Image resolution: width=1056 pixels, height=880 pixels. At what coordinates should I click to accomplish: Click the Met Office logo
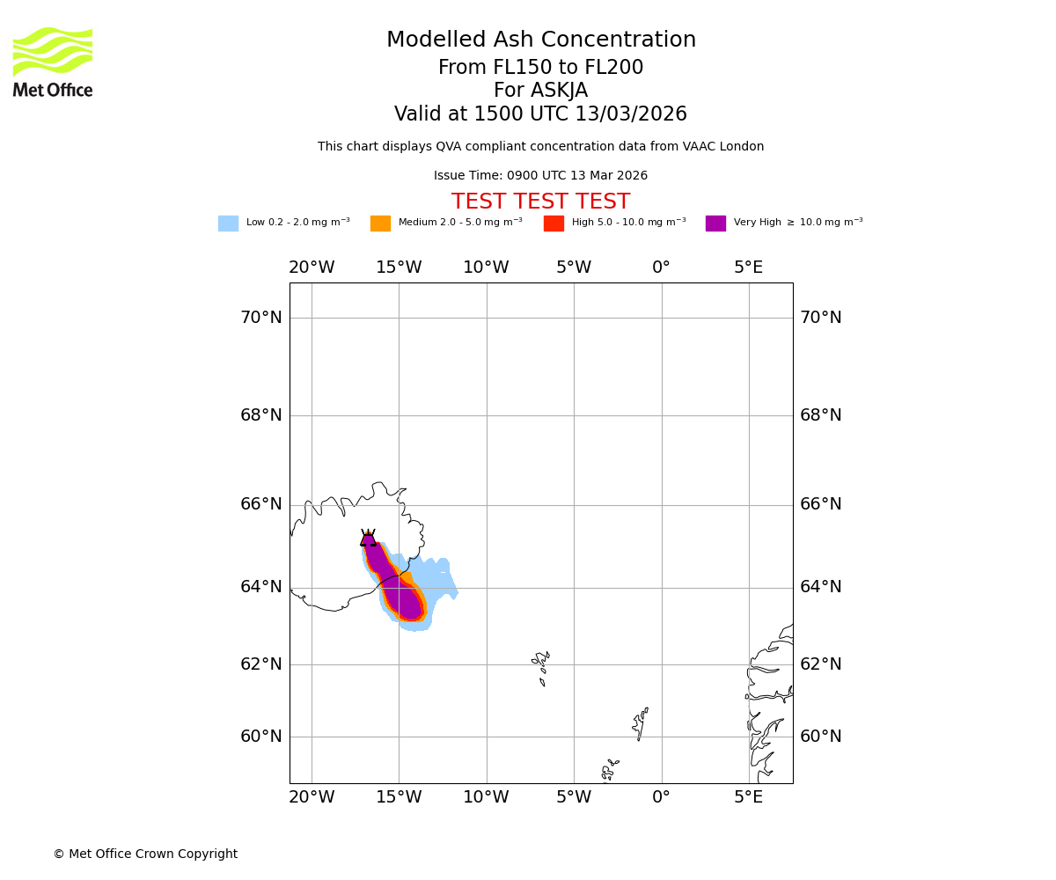coord(53,62)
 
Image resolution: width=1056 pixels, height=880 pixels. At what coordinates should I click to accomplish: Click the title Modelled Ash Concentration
coord(540,40)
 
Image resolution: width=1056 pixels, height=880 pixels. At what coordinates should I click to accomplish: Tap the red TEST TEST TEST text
coord(540,202)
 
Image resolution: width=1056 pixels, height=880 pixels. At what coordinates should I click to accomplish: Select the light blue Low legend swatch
coord(228,224)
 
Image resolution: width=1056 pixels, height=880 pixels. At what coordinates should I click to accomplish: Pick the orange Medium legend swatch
coord(380,224)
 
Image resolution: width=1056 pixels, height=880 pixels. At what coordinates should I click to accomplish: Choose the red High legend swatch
coord(554,224)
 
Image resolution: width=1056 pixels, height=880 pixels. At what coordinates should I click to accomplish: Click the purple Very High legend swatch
coord(715,224)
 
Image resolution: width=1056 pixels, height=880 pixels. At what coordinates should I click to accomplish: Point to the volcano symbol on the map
coord(368,539)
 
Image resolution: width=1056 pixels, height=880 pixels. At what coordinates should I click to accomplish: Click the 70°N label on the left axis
coord(261,318)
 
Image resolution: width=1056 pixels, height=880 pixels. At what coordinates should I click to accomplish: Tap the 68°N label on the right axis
coord(820,415)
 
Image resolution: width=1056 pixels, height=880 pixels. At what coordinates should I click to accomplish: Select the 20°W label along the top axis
coord(312,268)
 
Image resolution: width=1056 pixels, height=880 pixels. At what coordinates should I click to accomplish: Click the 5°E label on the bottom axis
coord(749,798)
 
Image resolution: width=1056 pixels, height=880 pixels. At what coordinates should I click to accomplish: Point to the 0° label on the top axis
coord(661,268)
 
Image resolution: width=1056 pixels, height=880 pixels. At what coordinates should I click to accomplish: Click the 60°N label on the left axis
coord(261,737)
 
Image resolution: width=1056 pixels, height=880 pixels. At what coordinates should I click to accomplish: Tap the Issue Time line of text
coord(540,176)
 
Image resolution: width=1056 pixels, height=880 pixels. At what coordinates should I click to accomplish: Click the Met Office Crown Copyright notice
coord(145,854)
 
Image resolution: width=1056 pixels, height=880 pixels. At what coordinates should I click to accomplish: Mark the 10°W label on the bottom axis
coord(486,798)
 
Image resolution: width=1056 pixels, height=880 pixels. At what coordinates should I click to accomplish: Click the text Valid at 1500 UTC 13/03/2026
coord(540,114)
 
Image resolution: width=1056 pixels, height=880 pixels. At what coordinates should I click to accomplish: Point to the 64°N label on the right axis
coord(820,587)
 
